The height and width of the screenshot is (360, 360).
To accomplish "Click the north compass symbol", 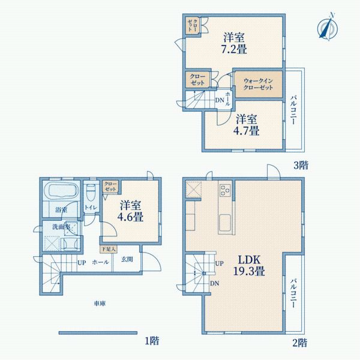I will [x=327, y=28].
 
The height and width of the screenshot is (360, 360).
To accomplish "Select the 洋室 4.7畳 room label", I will [x=246, y=124].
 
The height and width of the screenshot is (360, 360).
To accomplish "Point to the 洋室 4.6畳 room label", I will [x=131, y=211].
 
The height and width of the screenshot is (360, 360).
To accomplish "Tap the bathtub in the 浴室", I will [x=61, y=194].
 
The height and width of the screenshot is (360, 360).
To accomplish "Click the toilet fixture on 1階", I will [x=91, y=193].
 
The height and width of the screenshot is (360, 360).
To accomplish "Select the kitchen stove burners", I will [x=226, y=191].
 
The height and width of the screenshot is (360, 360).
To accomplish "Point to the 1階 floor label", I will [x=152, y=341].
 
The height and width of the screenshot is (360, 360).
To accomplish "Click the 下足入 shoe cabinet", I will [x=108, y=248].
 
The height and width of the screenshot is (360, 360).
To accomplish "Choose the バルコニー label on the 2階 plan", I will [x=293, y=292].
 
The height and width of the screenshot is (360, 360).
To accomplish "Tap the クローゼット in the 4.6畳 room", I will [x=110, y=187].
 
